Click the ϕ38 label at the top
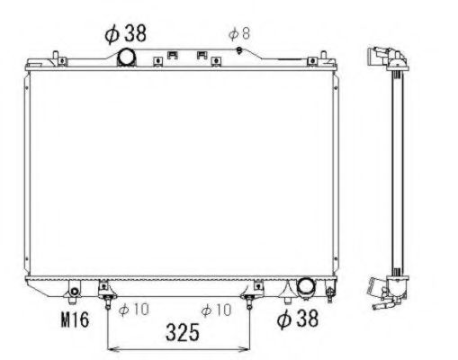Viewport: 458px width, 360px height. pyautogui.click(x=125, y=33)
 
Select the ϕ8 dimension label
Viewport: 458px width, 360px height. pyautogui.click(x=239, y=34)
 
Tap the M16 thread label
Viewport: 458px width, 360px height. pyautogui.click(x=75, y=319)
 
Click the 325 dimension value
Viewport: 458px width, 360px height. pyautogui.click(x=183, y=332)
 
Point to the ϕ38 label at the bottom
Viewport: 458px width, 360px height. pyautogui.click(x=297, y=319)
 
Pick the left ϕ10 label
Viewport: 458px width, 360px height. pyautogui.click(x=133, y=310)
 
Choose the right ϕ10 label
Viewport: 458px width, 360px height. pyautogui.click(x=216, y=310)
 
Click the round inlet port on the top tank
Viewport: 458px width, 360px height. pyautogui.click(x=126, y=57)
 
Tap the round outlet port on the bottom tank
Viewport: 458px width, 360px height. pyautogui.click(x=306, y=286)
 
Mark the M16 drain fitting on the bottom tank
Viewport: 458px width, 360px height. pyautogui.click(x=74, y=292)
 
